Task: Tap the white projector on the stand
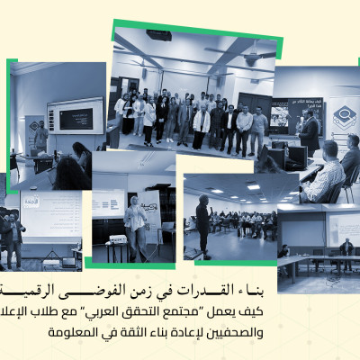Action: click(x=117, y=238)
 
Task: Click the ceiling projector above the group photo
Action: click(x=158, y=35)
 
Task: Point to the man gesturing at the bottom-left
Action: click(x=13, y=236)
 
